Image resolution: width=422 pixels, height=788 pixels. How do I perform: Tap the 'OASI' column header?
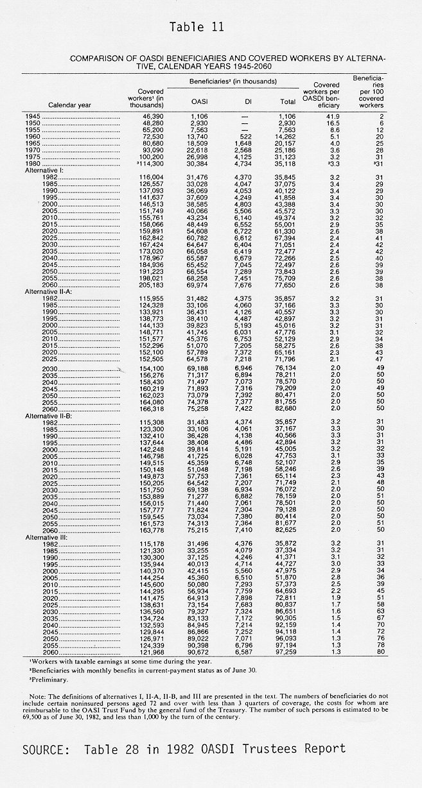point(200,101)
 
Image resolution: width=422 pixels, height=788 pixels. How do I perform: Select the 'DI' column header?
point(247,101)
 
